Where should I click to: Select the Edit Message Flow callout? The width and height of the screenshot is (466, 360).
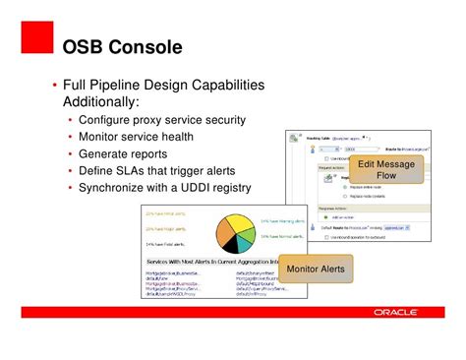point(386,170)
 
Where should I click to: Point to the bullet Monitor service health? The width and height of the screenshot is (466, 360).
point(144,137)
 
